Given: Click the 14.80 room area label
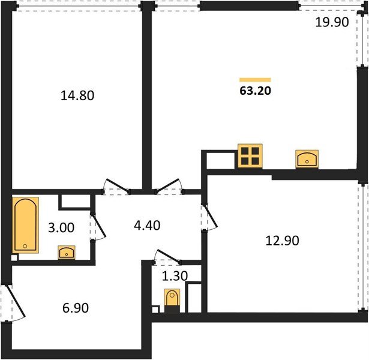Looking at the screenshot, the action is click(x=77, y=95).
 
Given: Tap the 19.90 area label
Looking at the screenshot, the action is click(x=332, y=22).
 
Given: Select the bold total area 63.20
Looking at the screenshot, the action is click(x=256, y=91).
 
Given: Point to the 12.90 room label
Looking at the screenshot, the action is click(x=282, y=241).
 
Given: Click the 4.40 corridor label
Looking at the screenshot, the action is click(x=147, y=225).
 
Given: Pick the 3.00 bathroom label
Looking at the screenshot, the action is click(x=61, y=228).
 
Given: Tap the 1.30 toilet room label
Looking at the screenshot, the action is click(x=175, y=276).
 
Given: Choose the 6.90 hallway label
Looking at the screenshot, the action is click(x=76, y=308).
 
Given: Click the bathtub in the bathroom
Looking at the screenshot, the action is click(x=25, y=225).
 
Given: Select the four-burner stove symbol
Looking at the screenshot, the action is click(x=250, y=156).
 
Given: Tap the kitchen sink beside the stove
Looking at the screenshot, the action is click(x=307, y=159).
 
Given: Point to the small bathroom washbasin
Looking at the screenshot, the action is click(x=67, y=253).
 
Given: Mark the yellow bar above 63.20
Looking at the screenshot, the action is click(x=255, y=80).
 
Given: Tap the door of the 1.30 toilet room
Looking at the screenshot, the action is click(x=167, y=256).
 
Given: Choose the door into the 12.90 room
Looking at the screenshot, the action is click(x=211, y=217).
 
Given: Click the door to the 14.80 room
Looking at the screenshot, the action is click(x=117, y=186).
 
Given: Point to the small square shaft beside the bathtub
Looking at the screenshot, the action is click(x=14, y=257).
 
